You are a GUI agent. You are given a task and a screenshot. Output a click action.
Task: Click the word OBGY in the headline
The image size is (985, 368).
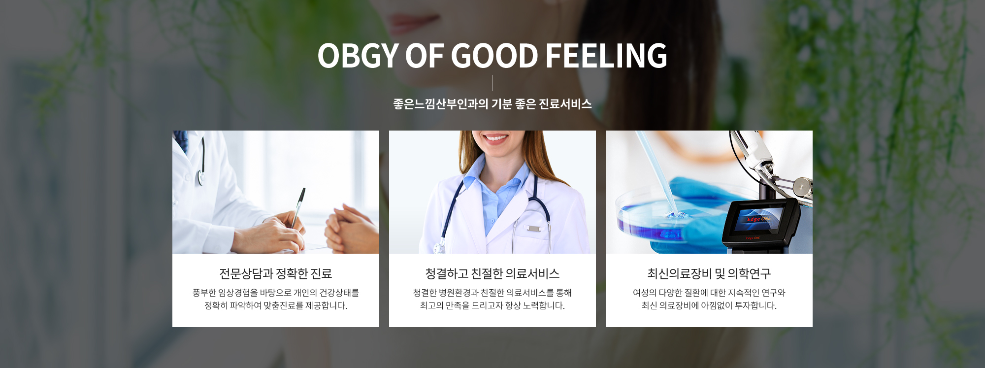point(358,56)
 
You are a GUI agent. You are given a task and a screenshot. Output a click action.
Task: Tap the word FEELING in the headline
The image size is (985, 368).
point(606,56)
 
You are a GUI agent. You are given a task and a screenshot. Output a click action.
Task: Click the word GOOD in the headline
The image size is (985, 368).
point(494,56)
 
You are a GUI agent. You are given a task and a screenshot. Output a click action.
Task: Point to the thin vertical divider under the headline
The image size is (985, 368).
point(492,83)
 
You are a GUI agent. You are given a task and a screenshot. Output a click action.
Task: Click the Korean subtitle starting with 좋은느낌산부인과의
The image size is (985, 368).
point(492,104)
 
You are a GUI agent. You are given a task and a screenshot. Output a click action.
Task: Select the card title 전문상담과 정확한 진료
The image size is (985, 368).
point(275,273)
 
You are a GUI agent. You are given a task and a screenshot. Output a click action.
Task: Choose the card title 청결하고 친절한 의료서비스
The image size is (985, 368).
point(492,273)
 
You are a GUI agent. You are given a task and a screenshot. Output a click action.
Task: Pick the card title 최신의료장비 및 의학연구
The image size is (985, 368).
point(709,273)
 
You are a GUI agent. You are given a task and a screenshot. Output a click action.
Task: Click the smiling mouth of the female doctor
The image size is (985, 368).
point(494,137)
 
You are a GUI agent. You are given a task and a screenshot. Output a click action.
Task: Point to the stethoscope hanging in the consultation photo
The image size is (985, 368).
point(201,163)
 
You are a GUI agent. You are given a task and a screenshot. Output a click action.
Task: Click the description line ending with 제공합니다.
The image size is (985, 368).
point(276,305)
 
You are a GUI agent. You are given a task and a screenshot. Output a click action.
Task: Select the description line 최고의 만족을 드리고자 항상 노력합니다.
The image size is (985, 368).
point(492,305)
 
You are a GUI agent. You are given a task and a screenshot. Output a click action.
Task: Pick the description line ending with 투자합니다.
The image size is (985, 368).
point(709,305)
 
